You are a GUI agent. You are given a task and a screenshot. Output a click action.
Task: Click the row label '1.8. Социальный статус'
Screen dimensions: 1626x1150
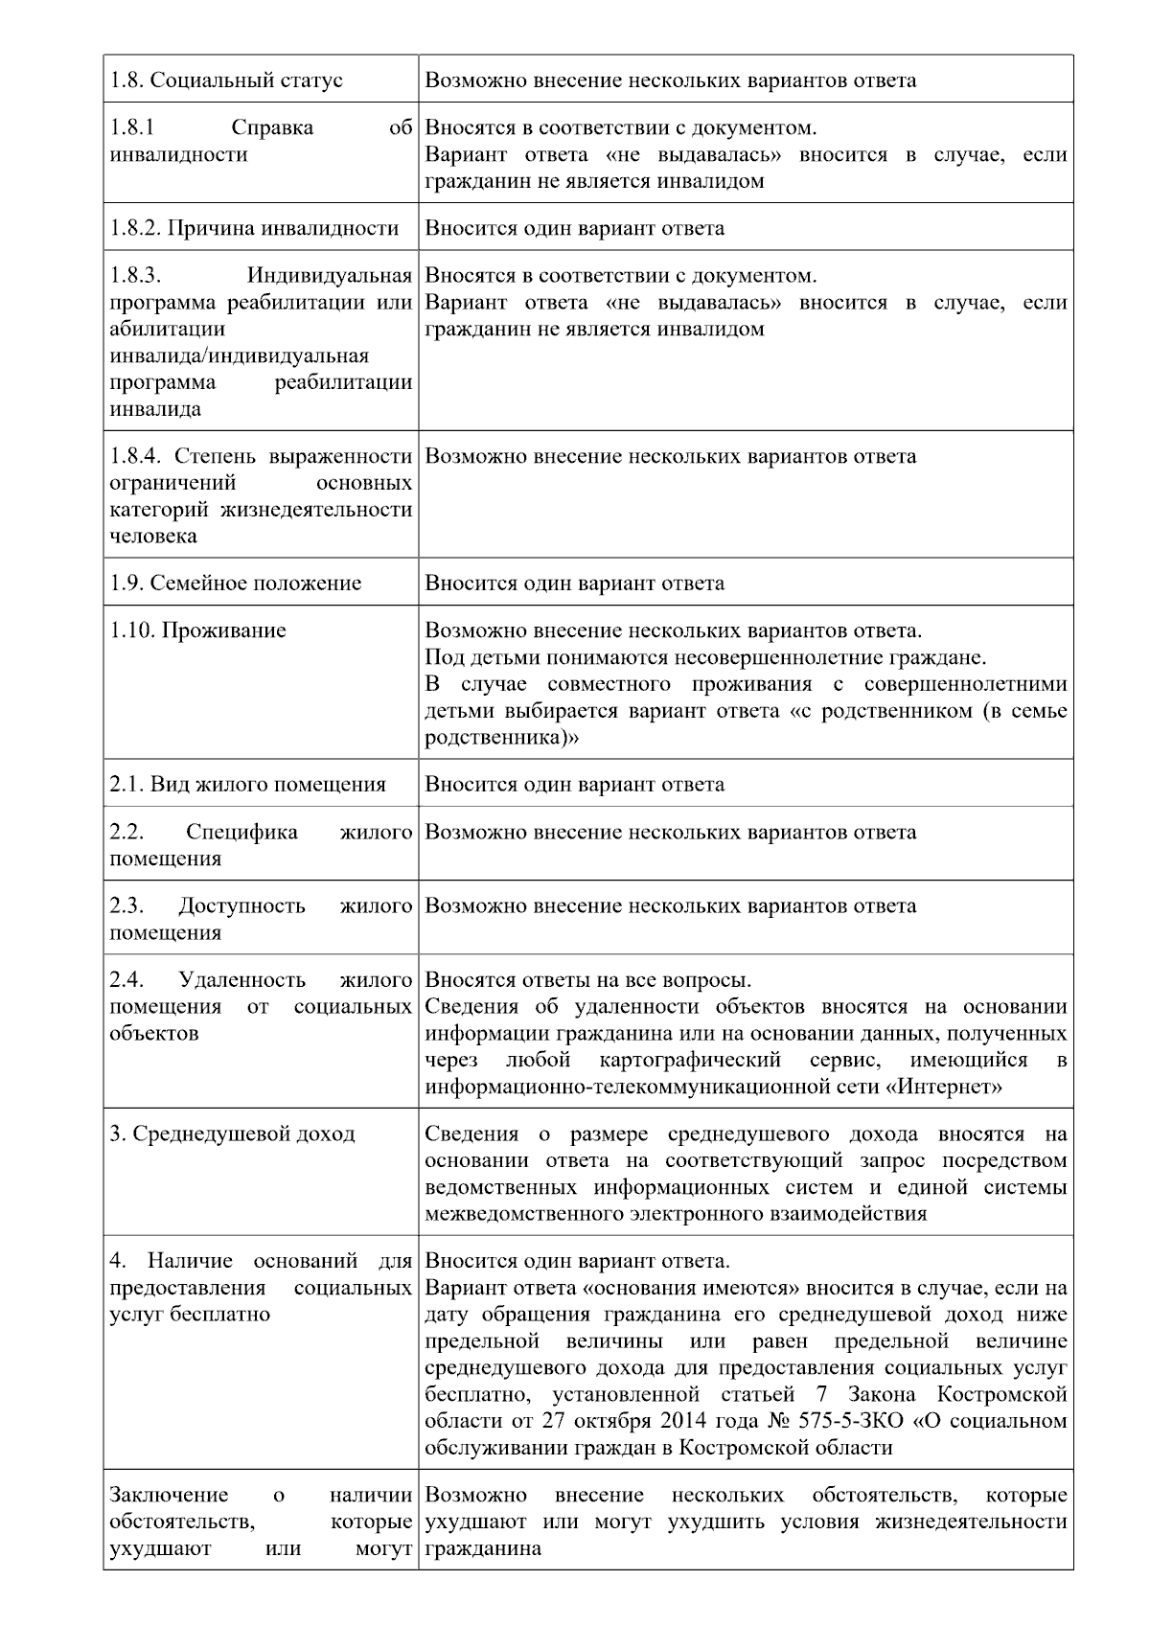226,80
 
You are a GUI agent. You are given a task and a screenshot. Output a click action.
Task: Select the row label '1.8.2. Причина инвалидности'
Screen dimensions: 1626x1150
254,228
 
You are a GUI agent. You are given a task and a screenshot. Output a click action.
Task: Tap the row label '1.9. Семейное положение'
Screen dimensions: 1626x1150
236,584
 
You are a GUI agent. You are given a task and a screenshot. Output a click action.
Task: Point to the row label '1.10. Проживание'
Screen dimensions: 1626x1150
197,630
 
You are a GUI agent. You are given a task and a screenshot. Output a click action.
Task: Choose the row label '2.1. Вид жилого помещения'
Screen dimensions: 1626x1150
247,785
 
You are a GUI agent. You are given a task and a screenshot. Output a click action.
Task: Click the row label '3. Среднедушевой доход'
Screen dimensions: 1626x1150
232,1134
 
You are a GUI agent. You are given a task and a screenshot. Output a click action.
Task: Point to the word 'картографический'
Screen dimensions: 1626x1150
690,1061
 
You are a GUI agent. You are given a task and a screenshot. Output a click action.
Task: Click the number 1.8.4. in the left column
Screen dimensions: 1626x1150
138,456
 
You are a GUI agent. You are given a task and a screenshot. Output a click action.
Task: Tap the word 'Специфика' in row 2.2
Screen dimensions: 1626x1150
241,832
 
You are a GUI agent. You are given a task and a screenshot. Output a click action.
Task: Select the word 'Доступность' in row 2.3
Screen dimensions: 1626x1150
241,906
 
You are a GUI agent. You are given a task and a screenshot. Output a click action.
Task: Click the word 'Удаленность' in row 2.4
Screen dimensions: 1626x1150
241,980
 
